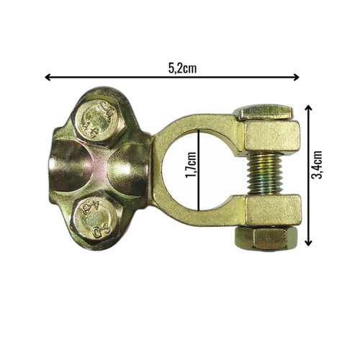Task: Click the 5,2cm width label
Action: [182, 68]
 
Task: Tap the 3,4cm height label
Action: [316, 165]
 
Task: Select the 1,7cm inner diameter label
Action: [191, 166]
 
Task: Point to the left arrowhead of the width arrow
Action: [48, 77]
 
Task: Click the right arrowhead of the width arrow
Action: [297, 77]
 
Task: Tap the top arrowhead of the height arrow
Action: [308, 108]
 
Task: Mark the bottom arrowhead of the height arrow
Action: [308, 243]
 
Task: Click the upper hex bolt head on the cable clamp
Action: [98, 121]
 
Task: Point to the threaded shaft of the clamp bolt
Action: [264, 174]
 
